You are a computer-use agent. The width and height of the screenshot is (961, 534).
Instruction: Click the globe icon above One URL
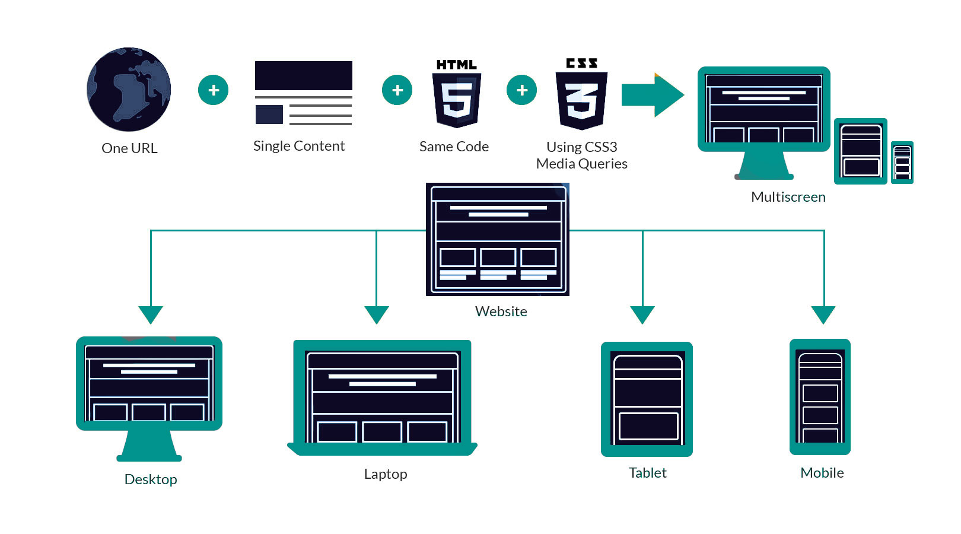(x=129, y=89)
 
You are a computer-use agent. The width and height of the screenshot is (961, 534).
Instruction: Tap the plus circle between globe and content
(x=213, y=90)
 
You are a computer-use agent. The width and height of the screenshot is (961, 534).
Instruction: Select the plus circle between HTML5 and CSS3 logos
(x=521, y=90)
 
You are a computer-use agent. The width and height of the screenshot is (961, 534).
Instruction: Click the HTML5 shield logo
(x=457, y=94)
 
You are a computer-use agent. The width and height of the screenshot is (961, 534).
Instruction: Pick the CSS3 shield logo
(x=581, y=94)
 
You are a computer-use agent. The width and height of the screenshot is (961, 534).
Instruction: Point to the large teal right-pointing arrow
(x=653, y=95)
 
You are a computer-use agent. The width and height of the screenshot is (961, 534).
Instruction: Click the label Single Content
(x=299, y=146)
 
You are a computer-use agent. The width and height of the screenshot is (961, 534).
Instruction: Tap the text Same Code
(x=454, y=147)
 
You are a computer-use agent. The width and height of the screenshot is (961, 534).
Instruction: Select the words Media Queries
(x=582, y=164)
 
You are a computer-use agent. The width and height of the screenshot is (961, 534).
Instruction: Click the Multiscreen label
(x=788, y=197)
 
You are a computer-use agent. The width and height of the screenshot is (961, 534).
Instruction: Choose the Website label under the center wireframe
(x=501, y=311)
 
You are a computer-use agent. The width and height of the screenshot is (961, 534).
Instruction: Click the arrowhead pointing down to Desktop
(x=151, y=314)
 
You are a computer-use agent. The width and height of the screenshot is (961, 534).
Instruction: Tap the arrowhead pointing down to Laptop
(x=376, y=314)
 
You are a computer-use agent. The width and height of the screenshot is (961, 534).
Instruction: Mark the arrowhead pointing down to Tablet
(x=642, y=314)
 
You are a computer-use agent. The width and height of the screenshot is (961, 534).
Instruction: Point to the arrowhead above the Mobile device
(x=823, y=314)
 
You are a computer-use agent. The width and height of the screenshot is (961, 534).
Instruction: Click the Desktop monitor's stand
(x=149, y=446)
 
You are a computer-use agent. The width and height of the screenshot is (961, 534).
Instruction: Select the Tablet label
(x=647, y=473)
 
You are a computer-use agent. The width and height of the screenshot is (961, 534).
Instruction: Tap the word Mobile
(x=822, y=473)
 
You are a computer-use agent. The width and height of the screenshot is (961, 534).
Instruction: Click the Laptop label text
(x=386, y=474)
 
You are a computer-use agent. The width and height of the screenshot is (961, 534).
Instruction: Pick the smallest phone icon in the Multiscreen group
(x=902, y=163)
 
